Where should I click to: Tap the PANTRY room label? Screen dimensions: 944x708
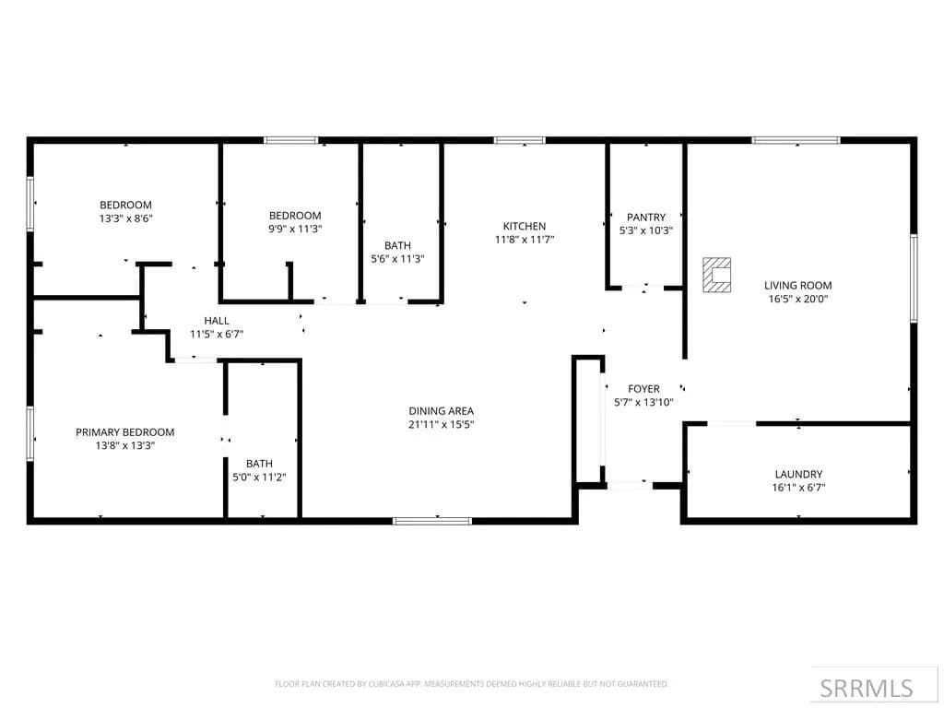click(x=646, y=217)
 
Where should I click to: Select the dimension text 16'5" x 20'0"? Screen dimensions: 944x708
click(x=798, y=299)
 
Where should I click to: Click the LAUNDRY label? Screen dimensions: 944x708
click(x=798, y=475)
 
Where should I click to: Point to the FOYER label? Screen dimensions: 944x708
click(x=643, y=389)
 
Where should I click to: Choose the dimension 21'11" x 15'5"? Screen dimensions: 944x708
click(x=442, y=424)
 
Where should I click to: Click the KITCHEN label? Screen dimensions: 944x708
click(x=525, y=227)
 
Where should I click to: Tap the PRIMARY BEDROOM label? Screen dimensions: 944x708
click(x=125, y=432)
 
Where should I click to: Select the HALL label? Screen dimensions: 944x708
click(x=217, y=321)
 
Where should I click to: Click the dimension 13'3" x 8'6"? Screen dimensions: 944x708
click(x=125, y=218)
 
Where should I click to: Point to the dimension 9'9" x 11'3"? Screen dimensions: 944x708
click(x=295, y=229)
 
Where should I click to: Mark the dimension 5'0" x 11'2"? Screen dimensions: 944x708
click(x=259, y=477)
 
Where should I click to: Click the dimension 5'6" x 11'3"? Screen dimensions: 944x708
click(x=397, y=259)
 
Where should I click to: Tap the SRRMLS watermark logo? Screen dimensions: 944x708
click(x=867, y=688)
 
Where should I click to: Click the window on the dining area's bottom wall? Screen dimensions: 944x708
click(x=432, y=521)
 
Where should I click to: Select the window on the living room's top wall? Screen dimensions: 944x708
click(x=796, y=140)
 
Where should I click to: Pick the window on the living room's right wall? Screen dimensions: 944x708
click(x=914, y=278)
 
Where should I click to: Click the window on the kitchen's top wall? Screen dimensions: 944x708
click(x=520, y=140)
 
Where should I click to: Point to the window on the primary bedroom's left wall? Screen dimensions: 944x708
click(x=30, y=433)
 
